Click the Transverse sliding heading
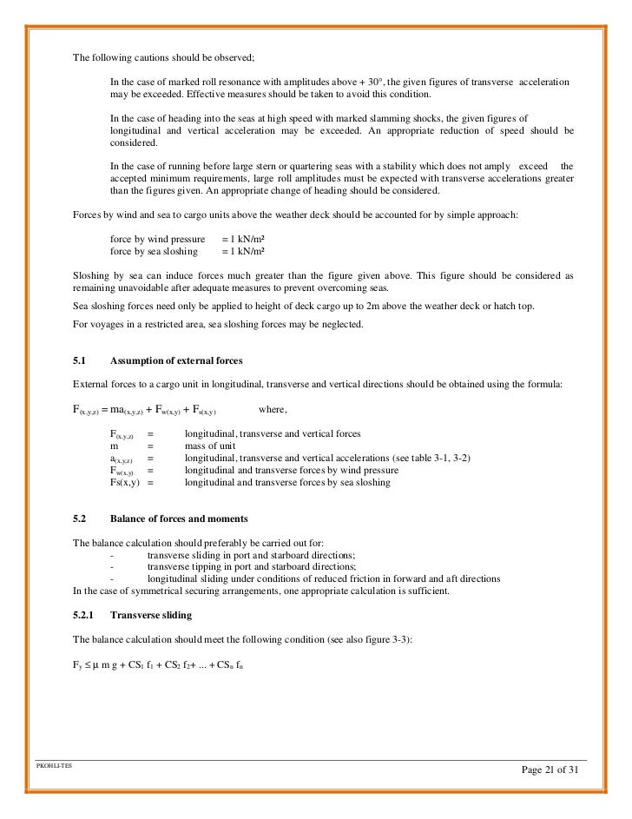click(152, 614)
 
